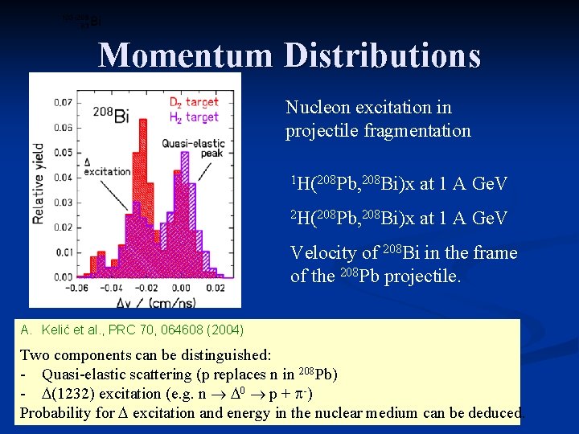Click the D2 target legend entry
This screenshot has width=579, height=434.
click(x=193, y=103)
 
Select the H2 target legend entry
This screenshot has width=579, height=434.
click(x=193, y=117)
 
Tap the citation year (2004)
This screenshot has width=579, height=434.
click(x=225, y=329)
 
